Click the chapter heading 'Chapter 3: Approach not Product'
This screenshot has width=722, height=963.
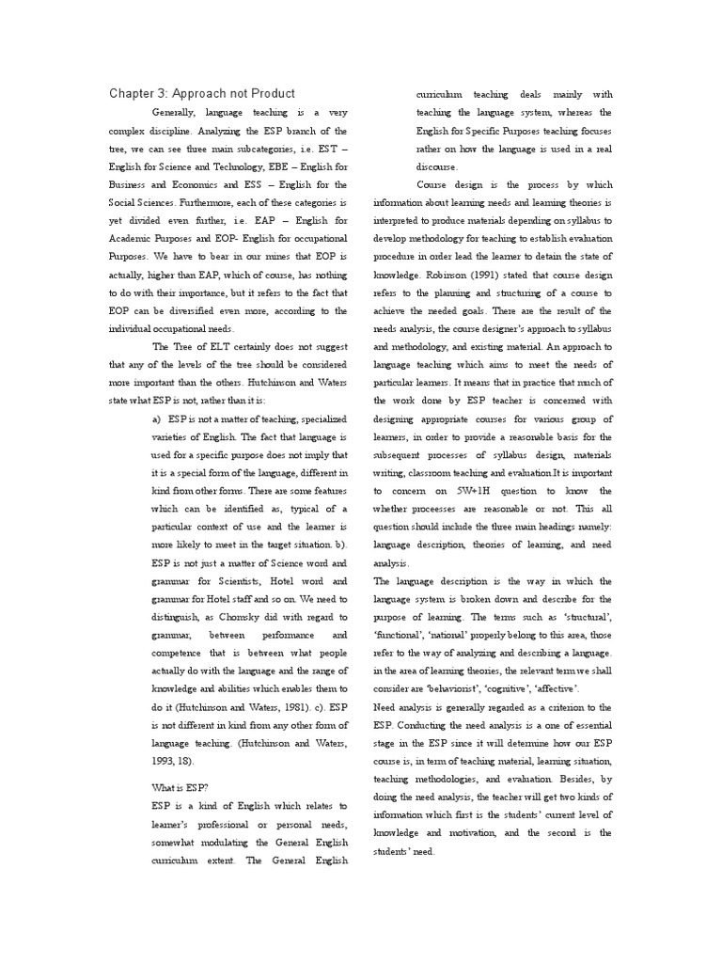[202, 93]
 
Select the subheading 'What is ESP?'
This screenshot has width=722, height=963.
[180, 785]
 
